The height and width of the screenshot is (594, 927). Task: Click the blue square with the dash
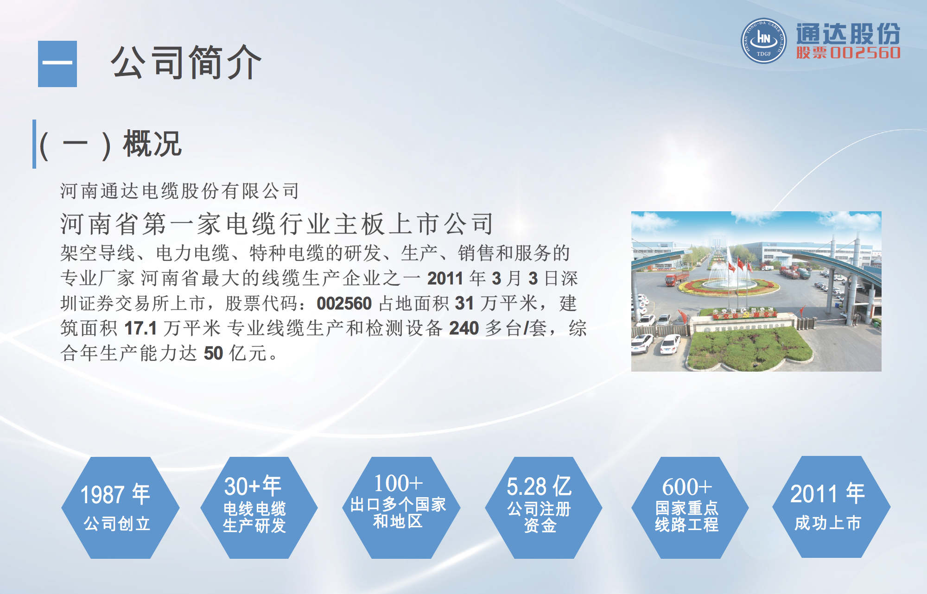(x=57, y=64)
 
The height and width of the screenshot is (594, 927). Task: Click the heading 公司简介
(x=186, y=63)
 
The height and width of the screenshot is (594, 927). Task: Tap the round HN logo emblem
(x=763, y=41)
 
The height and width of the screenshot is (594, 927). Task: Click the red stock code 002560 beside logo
(x=865, y=53)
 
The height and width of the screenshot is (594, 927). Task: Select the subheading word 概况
(x=152, y=144)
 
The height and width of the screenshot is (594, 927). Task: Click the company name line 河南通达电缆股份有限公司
(x=180, y=191)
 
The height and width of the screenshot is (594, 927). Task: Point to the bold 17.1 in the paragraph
(x=140, y=329)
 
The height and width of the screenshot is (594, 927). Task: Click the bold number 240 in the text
(x=463, y=329)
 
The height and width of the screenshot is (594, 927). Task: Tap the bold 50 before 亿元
(x=213, y=354)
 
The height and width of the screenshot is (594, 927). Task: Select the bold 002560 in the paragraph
(x=344, y=304)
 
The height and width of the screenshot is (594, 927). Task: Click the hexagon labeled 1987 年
(x=120, y=508)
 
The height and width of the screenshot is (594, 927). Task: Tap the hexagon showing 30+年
(x=259, y=508)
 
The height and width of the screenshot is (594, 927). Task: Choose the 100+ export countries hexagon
(x=401, y=508)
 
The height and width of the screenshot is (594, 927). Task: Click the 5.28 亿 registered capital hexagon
(x=543, y=508)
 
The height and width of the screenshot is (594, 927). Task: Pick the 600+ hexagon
(x=690, y=508)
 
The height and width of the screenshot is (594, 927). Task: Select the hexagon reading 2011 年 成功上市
(x=831, y=507)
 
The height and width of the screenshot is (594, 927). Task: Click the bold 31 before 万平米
(x=464, y=304)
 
